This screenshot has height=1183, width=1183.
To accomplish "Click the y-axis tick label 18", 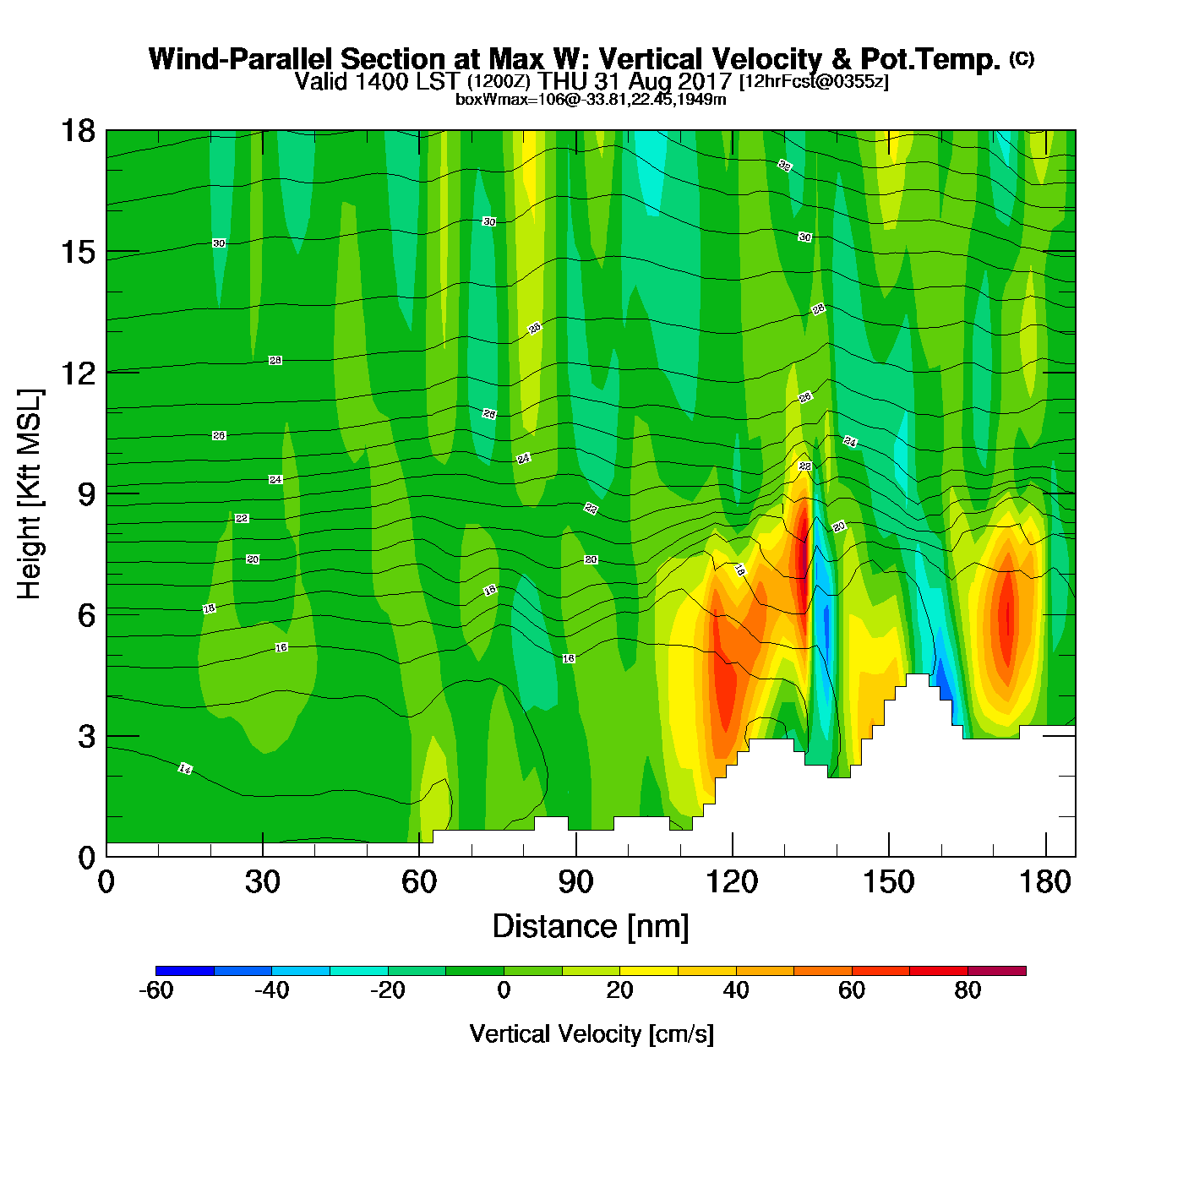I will (77, 131).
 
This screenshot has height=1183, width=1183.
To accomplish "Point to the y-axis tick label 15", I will (77, 252).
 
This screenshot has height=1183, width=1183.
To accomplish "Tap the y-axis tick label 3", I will (86, 736).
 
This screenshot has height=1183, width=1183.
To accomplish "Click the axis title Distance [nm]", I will (591, 926).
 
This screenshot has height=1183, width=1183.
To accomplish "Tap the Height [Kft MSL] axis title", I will (30, 494).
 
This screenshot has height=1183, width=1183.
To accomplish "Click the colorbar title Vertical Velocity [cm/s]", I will (591, 1033).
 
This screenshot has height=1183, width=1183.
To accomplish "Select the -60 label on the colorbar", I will (156, 990).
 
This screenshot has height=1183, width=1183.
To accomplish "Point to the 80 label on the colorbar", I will (968, 990).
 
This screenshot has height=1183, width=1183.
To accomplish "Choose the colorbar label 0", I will (504, 990).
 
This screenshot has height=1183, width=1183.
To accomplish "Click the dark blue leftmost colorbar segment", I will (185, 971).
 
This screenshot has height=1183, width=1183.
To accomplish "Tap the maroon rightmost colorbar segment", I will (996, 971).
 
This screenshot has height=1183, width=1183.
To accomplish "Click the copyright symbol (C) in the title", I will (1022, 58).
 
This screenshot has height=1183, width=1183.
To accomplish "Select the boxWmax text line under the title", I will (591, 99).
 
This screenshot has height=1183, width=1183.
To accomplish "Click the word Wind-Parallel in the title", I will (242, 59).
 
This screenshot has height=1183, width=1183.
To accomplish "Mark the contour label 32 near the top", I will (785, 165).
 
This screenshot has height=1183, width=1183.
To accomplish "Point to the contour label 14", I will (185, 769).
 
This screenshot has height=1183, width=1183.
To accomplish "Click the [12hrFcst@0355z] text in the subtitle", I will (814, 82).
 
